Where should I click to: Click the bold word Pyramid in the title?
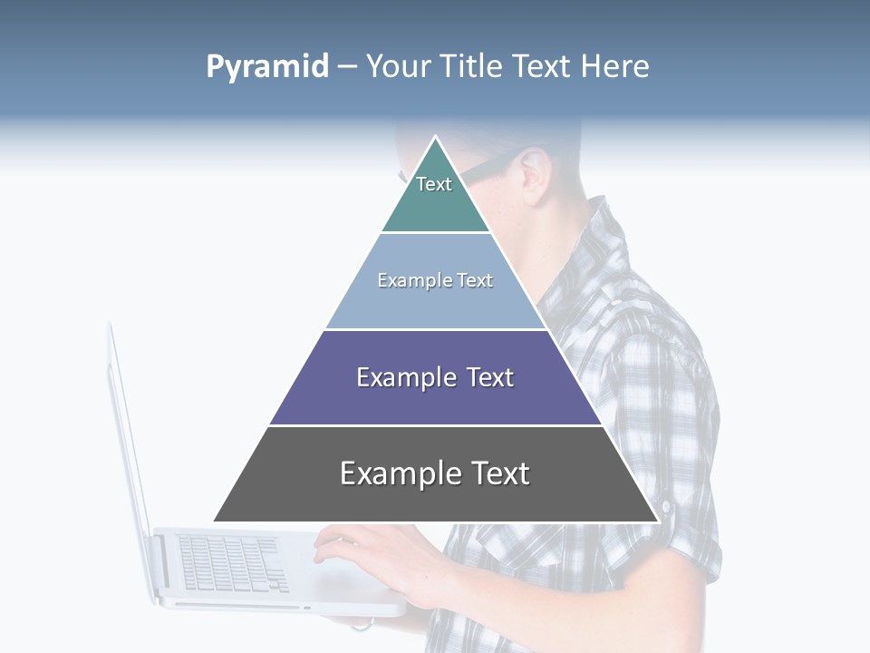click(266, 67)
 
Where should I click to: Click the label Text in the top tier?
click(434, 184)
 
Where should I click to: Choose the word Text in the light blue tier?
click(475, 280)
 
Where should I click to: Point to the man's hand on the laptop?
click(362, 553)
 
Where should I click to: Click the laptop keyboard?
click(231, 562)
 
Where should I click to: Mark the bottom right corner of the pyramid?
click(658, 521)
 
